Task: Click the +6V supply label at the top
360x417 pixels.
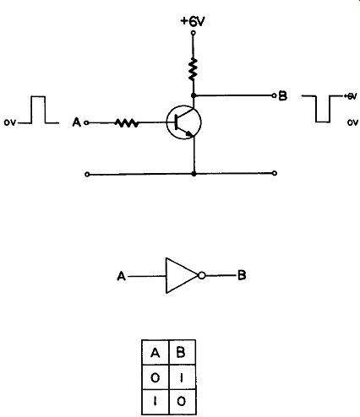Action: pyautogui.click(x=193, y=21)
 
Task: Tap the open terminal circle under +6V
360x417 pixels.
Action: pyautogui.click(x=193, y=33)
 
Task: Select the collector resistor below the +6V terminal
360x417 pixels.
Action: pyautogui.click(x=193, y=68)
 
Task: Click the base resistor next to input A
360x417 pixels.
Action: pyautogui.click(x=127, y=123)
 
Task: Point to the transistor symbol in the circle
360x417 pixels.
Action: pyautogui.click(x=183, y=122)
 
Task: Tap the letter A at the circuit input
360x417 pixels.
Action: pyautogui.click(x=77, y=122)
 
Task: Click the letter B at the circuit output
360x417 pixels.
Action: pyautogui.click(x=282, y=96)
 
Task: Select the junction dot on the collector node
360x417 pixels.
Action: pyautogui.click(x=194, y=95)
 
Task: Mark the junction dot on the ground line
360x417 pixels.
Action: pyautogui.click(x=194, y=174)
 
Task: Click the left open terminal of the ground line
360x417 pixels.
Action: pyautogui.click(x=87, y=175)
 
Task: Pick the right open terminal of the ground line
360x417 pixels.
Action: pyautogui.click(x=275, y=173)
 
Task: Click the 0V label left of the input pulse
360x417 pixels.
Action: pyautogui.click(x=10, y=122)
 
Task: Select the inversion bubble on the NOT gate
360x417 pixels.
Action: pyautogui.click(x=202, y=275)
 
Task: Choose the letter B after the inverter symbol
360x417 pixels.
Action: pyautogui.click(x=242, y=275)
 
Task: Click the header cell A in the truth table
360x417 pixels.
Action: pyautogui.click(x=155, y=353)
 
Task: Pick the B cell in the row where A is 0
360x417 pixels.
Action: pyautogui.click(x=182, y=377)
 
